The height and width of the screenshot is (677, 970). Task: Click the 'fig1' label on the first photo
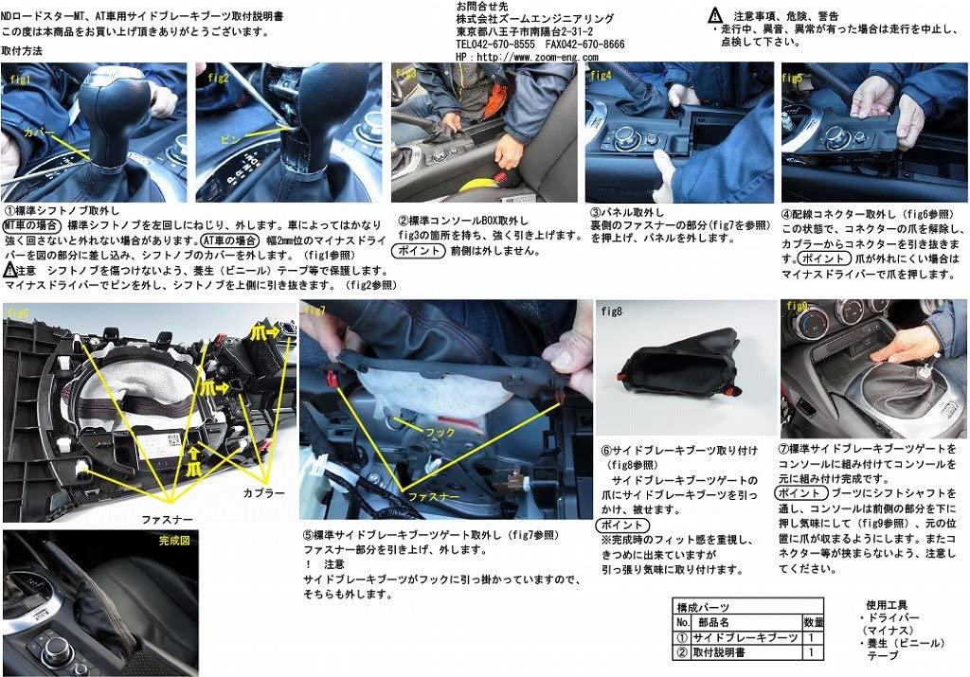point(20,80)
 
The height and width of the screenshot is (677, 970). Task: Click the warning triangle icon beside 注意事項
point(716,15)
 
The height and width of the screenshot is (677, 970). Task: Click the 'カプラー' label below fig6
point(262,493)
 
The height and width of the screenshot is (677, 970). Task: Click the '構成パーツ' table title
point(703,607)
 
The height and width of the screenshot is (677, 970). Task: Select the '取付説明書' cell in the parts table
point(726,653)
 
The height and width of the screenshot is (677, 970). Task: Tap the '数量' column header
point(814,623)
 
